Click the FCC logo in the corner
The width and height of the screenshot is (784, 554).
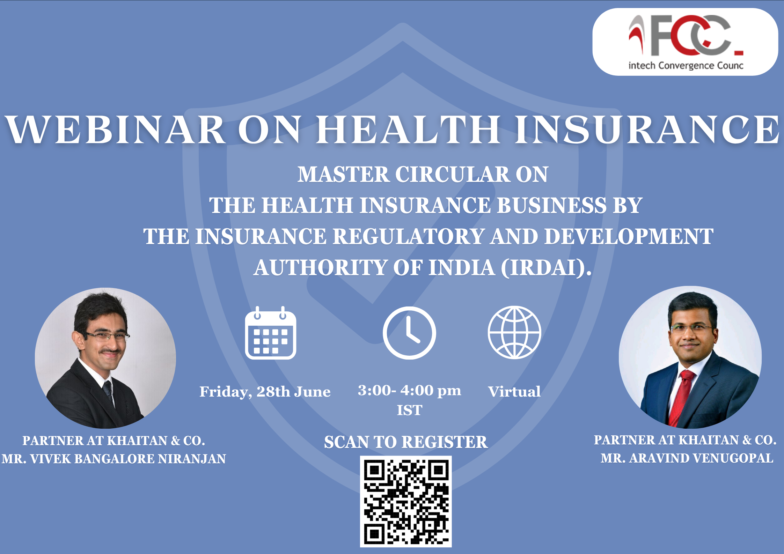pyautogui.click(x=686, y=42)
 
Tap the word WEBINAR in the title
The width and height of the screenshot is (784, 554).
pyautogui.click(x=115, y=130)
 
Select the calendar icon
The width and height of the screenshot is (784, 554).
pyautogui.click(x=271, y=333)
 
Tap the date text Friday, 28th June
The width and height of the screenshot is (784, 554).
pyautogui.click(x=265, y=392)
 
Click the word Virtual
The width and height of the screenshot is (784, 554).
pyautogui.click(x=514, y=392)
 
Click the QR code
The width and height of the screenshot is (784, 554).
pyautogui.click(x=406, y=501)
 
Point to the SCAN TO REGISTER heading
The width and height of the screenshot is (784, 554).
pyautogui.click(x=406, y=442)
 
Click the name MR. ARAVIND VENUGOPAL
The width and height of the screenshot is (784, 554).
pyautogui.click(x=687, y=458)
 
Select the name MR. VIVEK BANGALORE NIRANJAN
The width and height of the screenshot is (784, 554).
pyautogui.click(x=114, y=459)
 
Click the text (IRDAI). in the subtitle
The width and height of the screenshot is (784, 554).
pyautogui.click(x=547, y=268)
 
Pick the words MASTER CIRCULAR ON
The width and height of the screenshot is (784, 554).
pyautogui.click(x=423, y=175)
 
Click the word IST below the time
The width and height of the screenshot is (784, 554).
pyautogui.click(x=410, y=411)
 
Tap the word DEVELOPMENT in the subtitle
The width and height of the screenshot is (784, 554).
pyautogui.click(x=629, y=237)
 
